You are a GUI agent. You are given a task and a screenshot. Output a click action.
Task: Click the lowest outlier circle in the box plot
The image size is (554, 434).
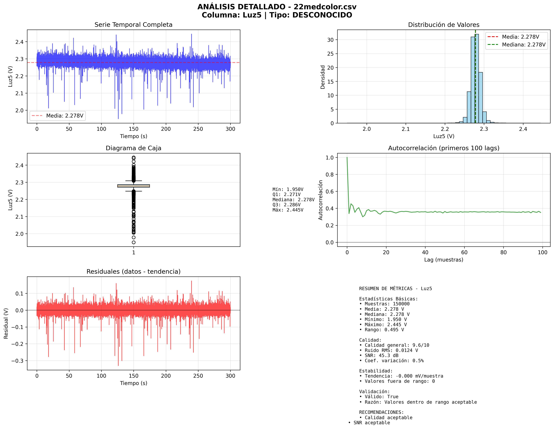coord(133,242)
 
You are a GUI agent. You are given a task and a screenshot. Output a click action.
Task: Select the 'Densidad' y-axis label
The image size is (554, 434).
coord(322,77)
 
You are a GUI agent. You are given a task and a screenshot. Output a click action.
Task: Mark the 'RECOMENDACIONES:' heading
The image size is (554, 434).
coord(381,412)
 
